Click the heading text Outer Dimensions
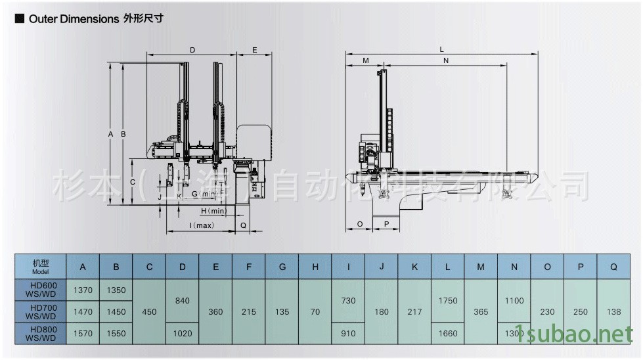(72, 19)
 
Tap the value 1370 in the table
(83, 290)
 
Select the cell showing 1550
(116, 333)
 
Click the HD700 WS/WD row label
(40, 311)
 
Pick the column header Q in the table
(613, 267)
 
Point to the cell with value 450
(149, 311)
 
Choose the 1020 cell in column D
(183, 333)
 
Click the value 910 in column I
(348, 333)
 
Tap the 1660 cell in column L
(448, 333)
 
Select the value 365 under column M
(481, 311)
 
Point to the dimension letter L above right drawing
(442, 49)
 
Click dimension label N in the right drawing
(446, 60)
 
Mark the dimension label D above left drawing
(192, 50)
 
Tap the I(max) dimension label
(202, 225)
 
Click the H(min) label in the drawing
(213, 211)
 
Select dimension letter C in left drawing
(132, 181)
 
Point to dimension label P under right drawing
(386, 225)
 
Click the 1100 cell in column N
(514, 300)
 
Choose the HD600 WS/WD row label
(40, 290)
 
